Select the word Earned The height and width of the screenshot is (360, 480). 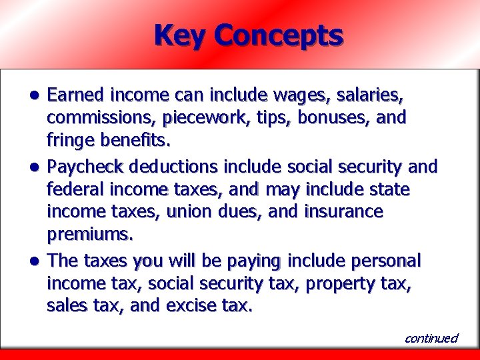click(x=76, y=95)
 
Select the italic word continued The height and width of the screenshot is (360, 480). click(x=431, y=338)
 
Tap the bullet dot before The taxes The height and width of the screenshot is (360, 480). click(x=39, y=260)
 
